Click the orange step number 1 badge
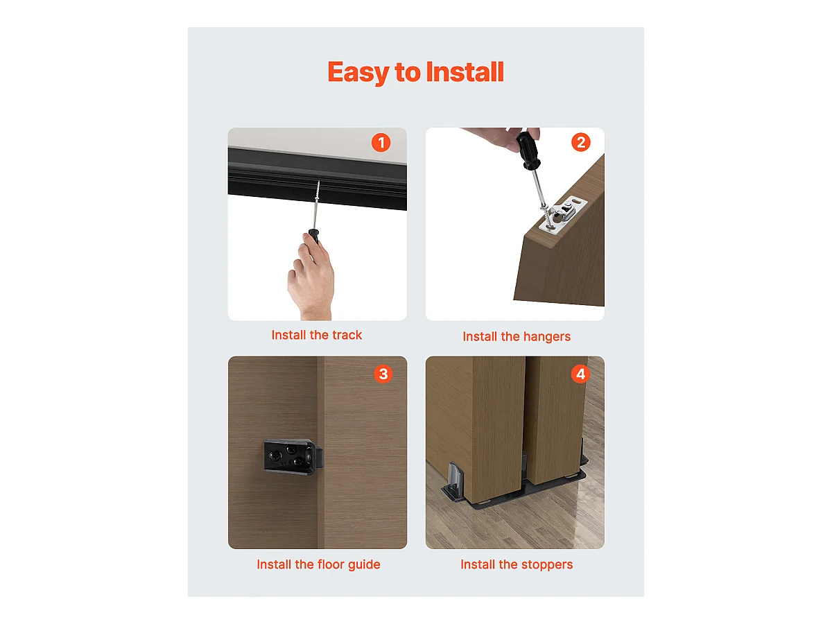click(x=381, y=142)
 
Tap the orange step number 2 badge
click(x=580, y=142)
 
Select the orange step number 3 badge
click(x=383, y=374)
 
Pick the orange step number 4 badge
click(x=580, y=374)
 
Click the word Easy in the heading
click(x=358, y=72)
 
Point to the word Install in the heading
click(x=465, y=71)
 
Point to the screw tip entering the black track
click(x=318, y=182)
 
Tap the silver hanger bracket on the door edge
click(x=563, y=214)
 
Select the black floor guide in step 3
click(x=293, y=457)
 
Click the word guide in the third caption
click(x=364, y=565)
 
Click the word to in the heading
click(x=408, y=72)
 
